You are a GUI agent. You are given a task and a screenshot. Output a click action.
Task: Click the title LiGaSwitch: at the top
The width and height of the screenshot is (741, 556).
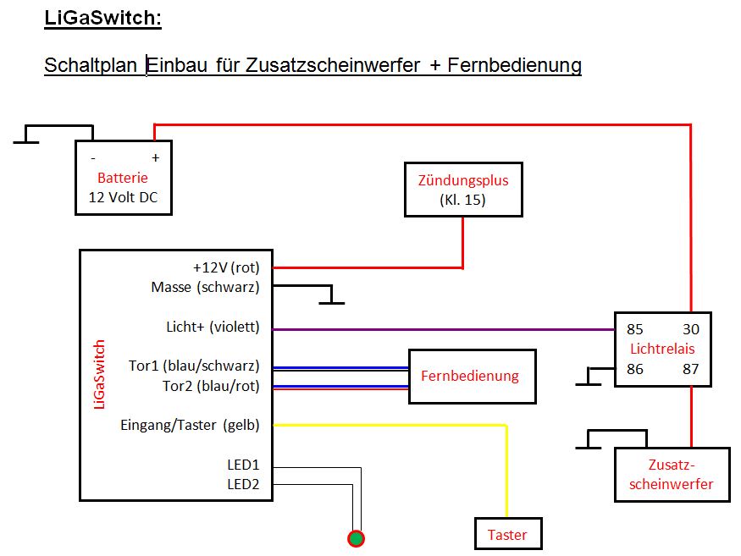[102, 19]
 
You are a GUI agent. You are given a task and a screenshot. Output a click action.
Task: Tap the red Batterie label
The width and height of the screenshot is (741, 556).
[123, 178]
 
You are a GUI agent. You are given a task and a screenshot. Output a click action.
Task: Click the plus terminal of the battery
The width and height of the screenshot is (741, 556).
[155, 158]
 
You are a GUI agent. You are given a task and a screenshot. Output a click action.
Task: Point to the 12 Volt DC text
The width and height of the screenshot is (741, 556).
[123, 198]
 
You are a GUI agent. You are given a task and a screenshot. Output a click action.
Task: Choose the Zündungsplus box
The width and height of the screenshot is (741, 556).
[463, 190]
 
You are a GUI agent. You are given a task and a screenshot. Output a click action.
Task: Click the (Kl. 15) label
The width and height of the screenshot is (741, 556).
[463, 201]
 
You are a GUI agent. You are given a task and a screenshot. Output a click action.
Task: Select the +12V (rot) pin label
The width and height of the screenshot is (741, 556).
[226, 267]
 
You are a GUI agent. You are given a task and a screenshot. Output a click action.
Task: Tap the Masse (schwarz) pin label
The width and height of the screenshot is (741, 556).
[205, 287]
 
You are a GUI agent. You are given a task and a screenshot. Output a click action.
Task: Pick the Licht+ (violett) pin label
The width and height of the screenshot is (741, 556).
[213, 327]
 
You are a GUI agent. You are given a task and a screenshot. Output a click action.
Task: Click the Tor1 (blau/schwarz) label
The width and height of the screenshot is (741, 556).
[194, 366]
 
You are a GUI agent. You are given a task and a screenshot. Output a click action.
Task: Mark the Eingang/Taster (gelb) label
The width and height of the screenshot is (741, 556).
[191, 425]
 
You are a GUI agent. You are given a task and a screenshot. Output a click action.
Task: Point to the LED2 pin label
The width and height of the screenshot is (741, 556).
[243, 484]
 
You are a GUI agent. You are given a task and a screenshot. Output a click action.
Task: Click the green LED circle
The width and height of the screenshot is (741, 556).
[357, 538]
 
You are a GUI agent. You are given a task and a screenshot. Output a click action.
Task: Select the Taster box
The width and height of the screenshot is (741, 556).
[507, 534]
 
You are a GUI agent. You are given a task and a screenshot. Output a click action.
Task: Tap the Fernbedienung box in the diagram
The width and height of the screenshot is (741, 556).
[473, 376]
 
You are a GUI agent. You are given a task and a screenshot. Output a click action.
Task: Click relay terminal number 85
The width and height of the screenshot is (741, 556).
[634, 329]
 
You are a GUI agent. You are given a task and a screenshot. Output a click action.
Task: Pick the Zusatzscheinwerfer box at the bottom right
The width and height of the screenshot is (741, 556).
[672, 475]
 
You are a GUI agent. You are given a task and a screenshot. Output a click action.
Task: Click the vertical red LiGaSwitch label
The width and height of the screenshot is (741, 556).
[99, 375]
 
